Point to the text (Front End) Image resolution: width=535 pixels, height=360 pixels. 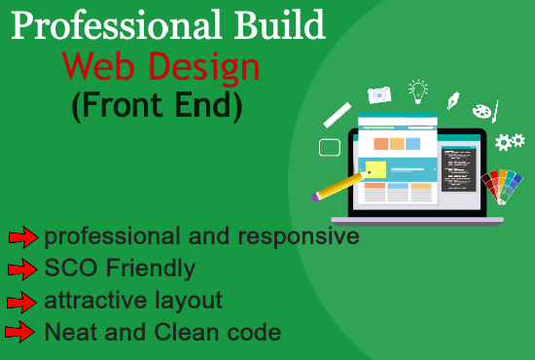157,104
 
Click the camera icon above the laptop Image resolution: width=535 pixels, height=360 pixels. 378,94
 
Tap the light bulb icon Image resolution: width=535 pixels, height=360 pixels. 418,90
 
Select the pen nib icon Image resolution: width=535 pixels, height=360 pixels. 452,99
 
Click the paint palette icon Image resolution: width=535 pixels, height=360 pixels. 484,111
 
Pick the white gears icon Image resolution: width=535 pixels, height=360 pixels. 509,142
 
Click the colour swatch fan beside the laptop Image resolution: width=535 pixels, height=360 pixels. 503,186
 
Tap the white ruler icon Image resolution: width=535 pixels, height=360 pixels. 337,114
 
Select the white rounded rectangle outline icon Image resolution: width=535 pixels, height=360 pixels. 330,148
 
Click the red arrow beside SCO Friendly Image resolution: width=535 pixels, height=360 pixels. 22,269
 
